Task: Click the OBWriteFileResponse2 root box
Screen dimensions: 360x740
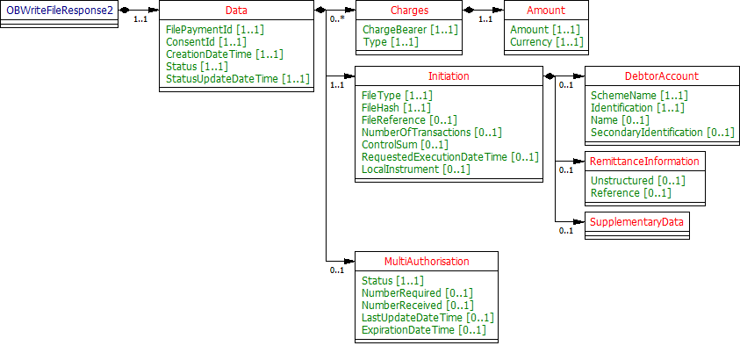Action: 59,11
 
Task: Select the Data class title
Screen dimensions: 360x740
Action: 236,11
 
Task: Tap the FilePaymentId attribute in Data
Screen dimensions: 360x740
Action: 215,30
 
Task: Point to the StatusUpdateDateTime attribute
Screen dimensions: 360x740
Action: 238,79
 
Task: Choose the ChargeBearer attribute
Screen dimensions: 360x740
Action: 410,30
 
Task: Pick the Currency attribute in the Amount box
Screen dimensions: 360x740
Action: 545,42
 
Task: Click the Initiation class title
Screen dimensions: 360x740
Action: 449,76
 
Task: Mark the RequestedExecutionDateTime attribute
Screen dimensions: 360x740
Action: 450,156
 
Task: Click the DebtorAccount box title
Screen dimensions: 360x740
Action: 644,76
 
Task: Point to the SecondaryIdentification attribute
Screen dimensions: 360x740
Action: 662,132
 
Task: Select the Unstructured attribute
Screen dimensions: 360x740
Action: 637,180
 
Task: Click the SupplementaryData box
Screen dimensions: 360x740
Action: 636,222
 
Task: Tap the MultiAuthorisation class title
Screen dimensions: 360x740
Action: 427,262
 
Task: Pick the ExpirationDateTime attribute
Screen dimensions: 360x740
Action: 423,329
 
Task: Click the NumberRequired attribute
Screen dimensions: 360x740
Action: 417,292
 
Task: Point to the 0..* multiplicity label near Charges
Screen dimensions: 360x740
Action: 335,18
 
